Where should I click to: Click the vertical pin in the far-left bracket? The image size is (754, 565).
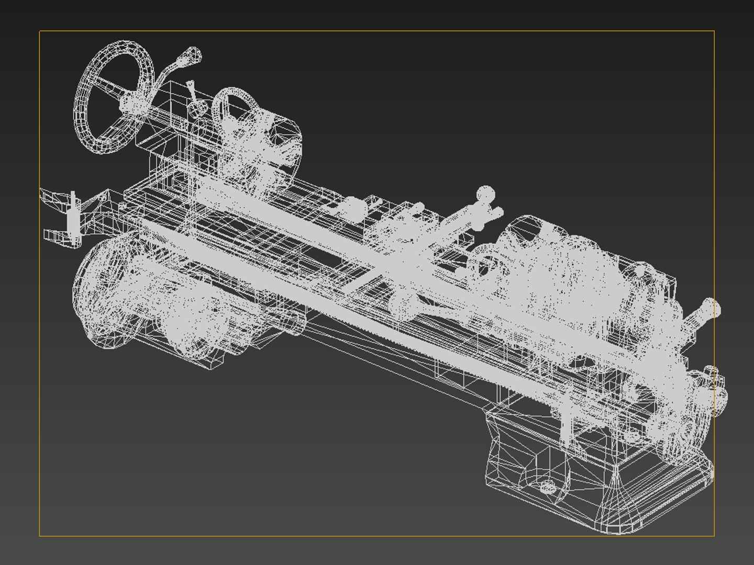(x=73, y=214)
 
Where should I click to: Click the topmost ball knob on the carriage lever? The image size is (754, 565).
(x=485, y=194)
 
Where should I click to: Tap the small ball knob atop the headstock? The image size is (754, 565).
(x=640, y=271)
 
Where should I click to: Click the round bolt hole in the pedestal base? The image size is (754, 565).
(x=547, y=487)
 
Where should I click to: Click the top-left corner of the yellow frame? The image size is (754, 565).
(x=40, y=31)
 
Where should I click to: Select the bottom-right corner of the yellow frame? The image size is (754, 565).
(x=714, y=536)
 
